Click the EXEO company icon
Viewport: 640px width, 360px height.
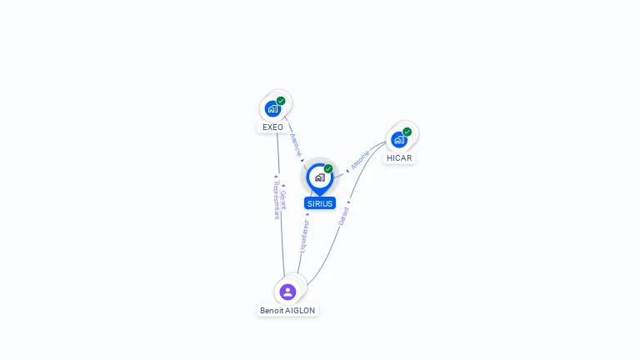[x=272, y=108]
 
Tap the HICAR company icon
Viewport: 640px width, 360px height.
[x=399, y=139]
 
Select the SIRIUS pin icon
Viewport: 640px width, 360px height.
[x=319, y=177]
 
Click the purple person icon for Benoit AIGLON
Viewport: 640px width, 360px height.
[x=287, y=292]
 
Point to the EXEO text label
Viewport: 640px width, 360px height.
[x=272, y=127]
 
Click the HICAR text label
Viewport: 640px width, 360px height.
[x=399, y=158]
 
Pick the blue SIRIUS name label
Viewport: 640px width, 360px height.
[x=320, y=203]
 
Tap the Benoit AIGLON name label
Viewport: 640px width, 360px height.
[x=287, y=311]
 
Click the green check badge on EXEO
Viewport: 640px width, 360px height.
[x=281, y=101]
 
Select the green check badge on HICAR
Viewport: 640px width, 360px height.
[x=407, y=132]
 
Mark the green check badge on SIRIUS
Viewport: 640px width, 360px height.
[x=328, y=168]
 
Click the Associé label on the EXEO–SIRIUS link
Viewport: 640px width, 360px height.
[x=295, y=145]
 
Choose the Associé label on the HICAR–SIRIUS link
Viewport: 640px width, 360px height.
[x=360, y=160]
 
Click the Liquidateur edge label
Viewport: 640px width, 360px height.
[x=304, y=236]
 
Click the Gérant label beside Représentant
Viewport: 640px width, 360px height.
[x=283, y=200]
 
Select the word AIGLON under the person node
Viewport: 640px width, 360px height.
[x=301, y=311]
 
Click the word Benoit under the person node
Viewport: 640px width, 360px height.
[x=272, y=311]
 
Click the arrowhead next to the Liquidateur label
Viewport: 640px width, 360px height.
[x=307, y=215]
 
